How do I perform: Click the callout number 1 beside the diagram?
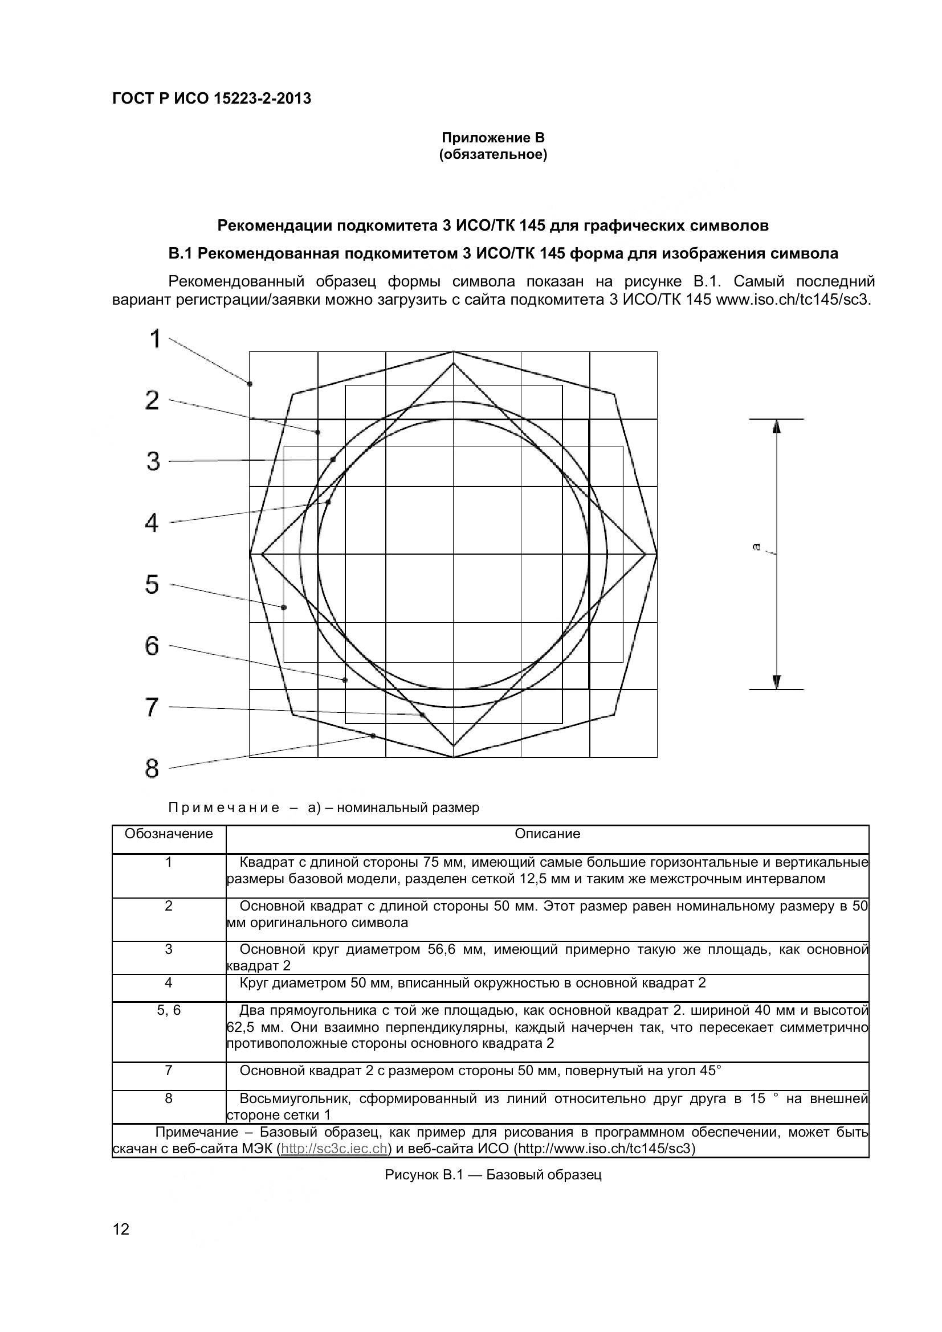(x=155, y=339)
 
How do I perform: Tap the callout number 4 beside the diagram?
(x=152, y=523)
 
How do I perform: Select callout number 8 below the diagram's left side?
(x=152, y=769)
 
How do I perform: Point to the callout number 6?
(x=152, y=646)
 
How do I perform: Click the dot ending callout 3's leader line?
(x=333, y=460)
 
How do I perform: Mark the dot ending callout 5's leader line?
(x=284, y=608)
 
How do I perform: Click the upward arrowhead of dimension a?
(x=777, y=427)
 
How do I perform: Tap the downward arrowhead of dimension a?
(x=777, y=682)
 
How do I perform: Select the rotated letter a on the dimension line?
(x=756, y=546)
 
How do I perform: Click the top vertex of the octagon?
(x=453, y=351)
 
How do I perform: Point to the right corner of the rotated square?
(x=646, y=554)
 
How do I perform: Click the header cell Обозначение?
(x=169, y=834)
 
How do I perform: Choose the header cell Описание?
(x=547, y=834)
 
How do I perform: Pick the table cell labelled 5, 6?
(x=169, y=1010)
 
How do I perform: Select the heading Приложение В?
(x=493, y=138)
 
